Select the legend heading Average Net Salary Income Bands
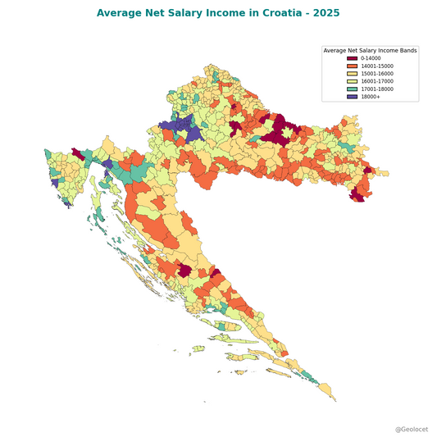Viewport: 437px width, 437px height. pos(370,51)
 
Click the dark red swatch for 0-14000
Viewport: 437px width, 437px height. pos(352,58)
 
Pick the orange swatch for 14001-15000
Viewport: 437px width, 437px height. pos(352,66)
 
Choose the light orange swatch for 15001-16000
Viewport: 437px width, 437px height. pos(352,74)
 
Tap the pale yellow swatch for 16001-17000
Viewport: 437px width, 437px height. pos(352,81)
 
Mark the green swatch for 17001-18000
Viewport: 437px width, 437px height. pos(352,89)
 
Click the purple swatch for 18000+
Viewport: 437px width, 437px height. pos(352,97)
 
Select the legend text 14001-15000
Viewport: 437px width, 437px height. pos(376,66)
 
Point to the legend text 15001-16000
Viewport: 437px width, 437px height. pos(376,74)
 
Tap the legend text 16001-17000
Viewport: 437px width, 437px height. pos(376,81)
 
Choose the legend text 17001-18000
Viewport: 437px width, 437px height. pos(376,89)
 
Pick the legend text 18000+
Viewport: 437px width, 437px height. pos(370,97)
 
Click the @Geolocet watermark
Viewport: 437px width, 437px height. pos(411,429)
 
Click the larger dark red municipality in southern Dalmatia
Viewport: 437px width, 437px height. pos(185,271)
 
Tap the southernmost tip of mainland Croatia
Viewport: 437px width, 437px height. pos(335,401)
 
